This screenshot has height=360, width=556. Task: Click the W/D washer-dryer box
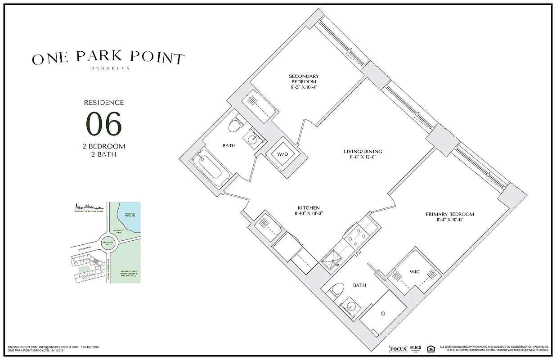click(282, 154)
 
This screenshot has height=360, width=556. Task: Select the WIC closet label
click(414, 272)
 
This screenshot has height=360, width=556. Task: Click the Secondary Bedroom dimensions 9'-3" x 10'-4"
click(304, 87)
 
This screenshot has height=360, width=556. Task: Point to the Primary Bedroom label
click(449, 214)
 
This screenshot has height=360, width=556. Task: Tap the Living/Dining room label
click(363, 152)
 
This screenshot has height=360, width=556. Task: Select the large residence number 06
click(104, 124)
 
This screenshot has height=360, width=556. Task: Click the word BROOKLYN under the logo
click(110, 68)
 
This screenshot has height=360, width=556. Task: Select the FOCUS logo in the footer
click(398, 349)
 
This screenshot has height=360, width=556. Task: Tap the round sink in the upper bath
click(252, 137)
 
